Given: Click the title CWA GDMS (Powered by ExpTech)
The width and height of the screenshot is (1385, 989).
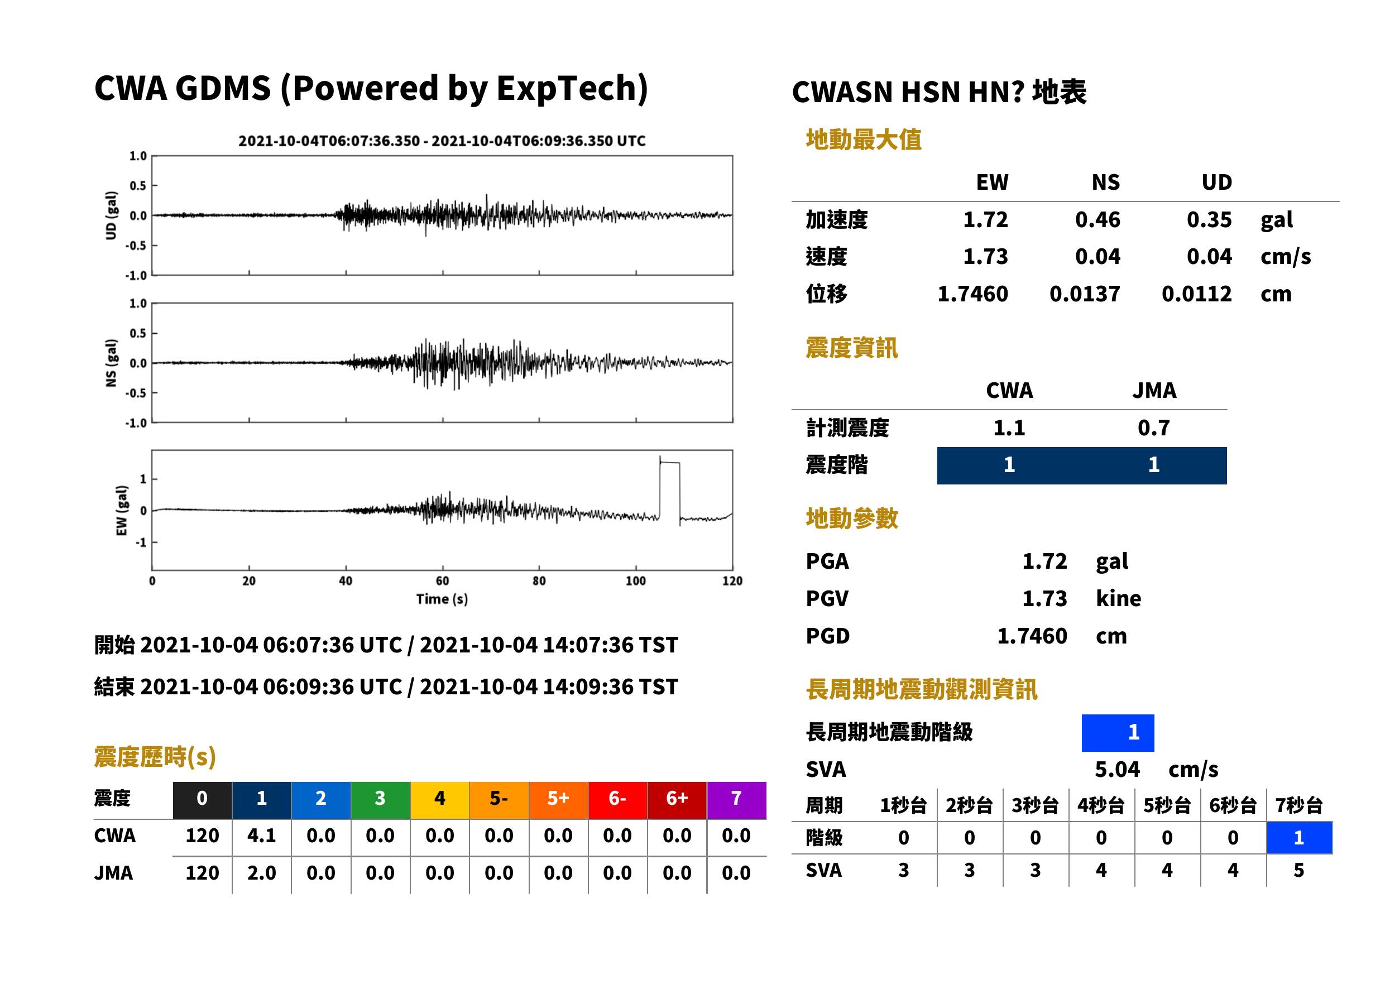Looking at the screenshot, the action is [x=371, y=88].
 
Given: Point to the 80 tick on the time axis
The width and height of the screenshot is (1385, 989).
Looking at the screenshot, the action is [x=539, y=581].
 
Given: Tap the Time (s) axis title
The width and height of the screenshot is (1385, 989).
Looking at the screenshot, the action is [x=442, y=599].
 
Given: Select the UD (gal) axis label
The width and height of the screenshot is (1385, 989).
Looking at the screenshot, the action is [x=111, y=215].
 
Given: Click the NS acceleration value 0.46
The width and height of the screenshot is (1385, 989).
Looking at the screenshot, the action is [x=1097, y=220].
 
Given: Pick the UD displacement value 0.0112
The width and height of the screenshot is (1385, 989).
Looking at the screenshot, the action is [x=1196, y=294].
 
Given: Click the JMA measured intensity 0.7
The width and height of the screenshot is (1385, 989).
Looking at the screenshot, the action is [x=1153, y=428].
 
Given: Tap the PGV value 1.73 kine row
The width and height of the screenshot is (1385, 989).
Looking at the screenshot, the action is [x=973, y=599].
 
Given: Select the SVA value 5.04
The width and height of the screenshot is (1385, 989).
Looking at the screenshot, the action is [x=1117, y=770].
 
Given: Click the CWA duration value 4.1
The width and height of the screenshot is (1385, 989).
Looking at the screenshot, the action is [x=261, y=836].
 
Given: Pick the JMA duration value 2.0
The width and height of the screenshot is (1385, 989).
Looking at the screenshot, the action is [x=261, y=873].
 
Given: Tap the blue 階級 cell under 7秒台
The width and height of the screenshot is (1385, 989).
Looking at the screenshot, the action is [x=1299, y=838].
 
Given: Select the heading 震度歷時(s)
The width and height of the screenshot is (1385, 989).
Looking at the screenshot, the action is [x=155, y=757].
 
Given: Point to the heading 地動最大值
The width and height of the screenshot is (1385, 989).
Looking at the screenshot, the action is [x=864, y=140].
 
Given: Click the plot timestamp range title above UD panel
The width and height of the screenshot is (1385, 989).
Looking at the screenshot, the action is [x=442, y=141].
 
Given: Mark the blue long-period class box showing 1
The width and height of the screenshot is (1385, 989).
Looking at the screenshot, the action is [x=1118, y=733].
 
